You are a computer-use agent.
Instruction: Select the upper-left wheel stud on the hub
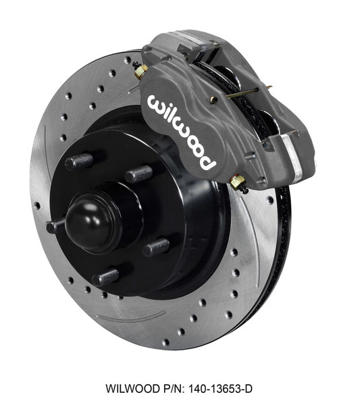pos(78,161)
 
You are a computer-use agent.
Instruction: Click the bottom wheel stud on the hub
pos(106,276)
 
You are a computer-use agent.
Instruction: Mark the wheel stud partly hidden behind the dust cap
pos(55,225)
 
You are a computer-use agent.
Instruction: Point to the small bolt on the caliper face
pos(213,100)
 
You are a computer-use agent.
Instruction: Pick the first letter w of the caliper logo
pos(156,103)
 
